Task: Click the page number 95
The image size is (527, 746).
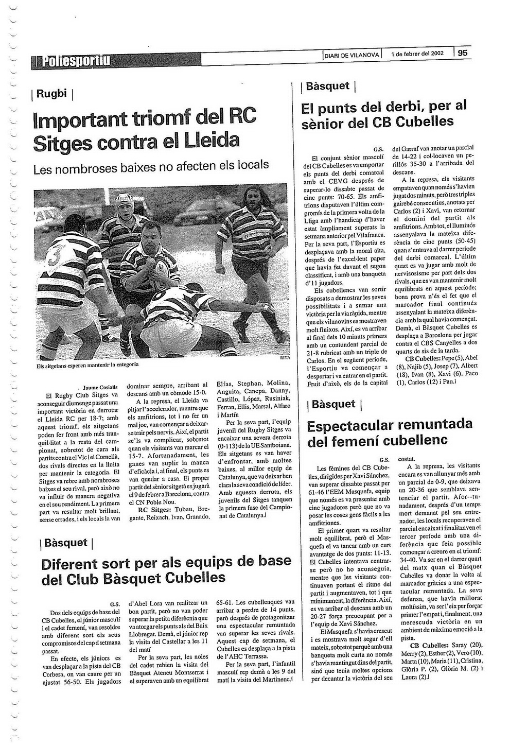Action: click(462, 53)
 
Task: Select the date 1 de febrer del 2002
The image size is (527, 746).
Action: click(417, 54)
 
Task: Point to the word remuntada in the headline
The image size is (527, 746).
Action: click(435, 425)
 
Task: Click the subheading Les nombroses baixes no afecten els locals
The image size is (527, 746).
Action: click(151, 166)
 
